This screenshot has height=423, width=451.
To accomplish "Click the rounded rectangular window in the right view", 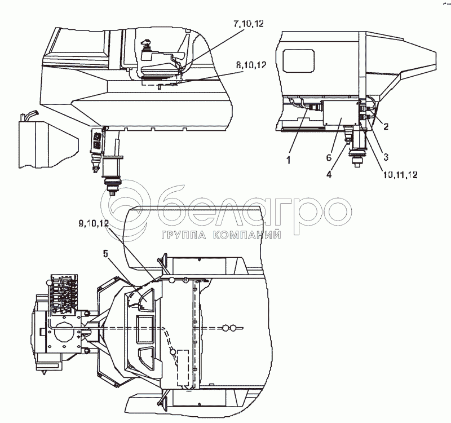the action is click(x=298, y=58).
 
